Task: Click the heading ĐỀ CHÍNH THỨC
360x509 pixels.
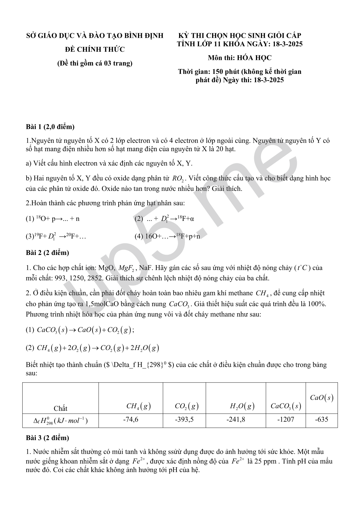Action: pyautogui.click(x=95, y=49)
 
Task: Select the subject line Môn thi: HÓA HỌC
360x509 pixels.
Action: pyautogui.click(x=240, y=58)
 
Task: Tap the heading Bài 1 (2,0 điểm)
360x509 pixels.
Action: pyautogui.click(x=50, y=127)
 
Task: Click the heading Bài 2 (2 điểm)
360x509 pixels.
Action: pyautogui.click(x=47, y=253)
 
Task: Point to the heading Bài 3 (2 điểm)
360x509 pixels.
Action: pyautogui.click(x=47, y=438)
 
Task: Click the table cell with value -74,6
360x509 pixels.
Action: pyautogui.click(x=131, y=419)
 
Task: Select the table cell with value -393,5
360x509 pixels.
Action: pyautogui.click(x=184, y=419)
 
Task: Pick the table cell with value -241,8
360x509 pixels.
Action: pyautogui.click(x=236, y=419)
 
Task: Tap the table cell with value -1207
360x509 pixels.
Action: pyautogui.click(x=286, y=419)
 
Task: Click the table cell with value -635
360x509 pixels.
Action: pyautogui.click(x=322, y=419)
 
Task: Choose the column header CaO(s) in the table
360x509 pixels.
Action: pyautogui.click(x=322, y=398)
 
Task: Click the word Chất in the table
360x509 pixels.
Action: pyautogui.click(x=61, y=408)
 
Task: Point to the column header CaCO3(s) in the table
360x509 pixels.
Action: pyautogui.click(x=286, y=406)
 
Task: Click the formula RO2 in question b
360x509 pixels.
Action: pyautogui.click(x=178, y=179)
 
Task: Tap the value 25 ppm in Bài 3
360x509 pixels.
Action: pyautogui.click(x=265, y=461)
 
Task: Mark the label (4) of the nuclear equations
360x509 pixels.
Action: pyautogui.click(x=139, y=236)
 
